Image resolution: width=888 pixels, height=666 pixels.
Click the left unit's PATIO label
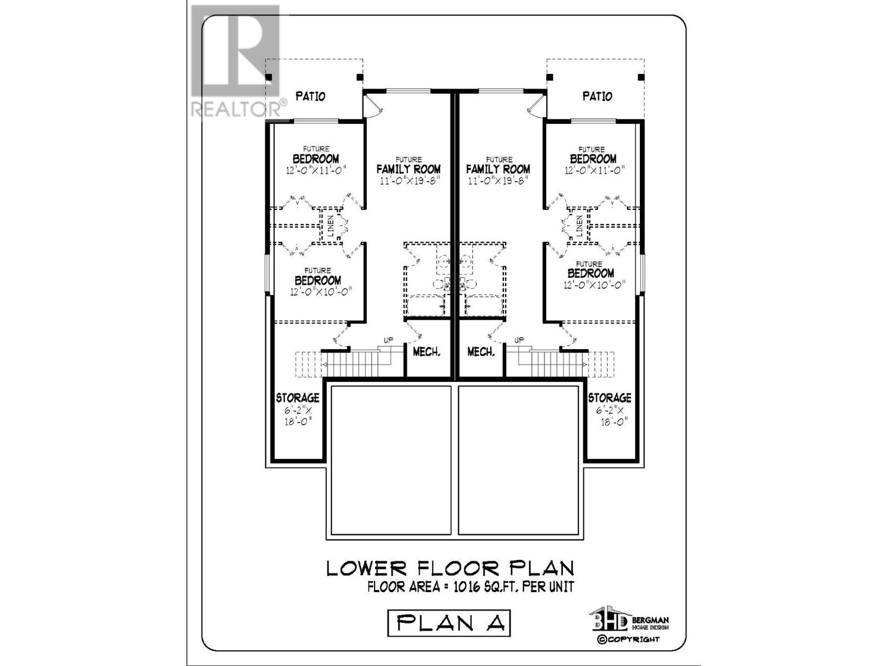click(x=310, y=97)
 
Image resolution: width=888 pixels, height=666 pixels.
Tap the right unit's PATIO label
click(x=597, y=97)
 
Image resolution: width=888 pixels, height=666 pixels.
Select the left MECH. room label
click(x=427, y=352)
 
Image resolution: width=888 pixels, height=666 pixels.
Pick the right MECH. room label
click(x=481, y=352)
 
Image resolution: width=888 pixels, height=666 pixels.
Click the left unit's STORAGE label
click(x=297, y=398)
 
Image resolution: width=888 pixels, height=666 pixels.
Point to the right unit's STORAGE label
click(x=609, y=398)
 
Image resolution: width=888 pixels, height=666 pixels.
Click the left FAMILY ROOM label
click(x=408, y=169)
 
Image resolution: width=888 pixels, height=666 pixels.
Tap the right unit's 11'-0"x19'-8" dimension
click(x=498, y=181)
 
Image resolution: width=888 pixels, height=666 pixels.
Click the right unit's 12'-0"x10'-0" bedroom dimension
click(x=594, y=285)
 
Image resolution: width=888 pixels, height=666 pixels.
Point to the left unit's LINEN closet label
click(x=331, y=226)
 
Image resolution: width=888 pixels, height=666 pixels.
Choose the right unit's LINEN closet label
click(x=579, y=226)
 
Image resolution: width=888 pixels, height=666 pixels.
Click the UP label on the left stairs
click(x=389, y=340)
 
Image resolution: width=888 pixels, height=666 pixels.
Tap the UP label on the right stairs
click(x=519, y=340)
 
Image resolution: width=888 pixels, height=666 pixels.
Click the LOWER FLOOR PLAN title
click(x=450, y=568)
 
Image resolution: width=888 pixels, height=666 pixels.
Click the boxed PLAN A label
click(x=448, y=623)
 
